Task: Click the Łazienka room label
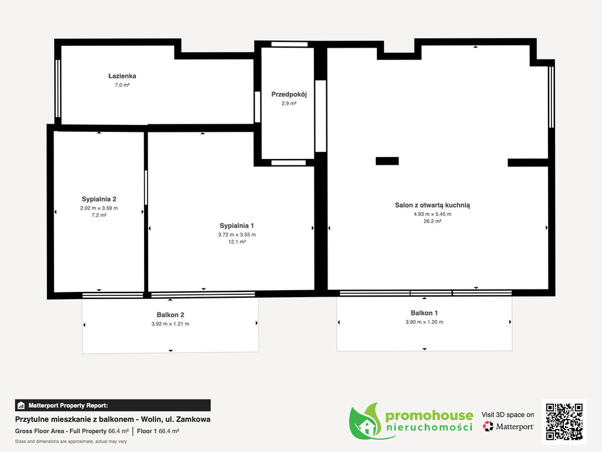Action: pos(122,76)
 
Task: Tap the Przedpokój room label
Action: pos(289,95)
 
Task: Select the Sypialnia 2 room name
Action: pos(99,199)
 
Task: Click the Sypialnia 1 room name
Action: pos(237,225)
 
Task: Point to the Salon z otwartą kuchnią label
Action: pos(432,205)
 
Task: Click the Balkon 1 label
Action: pos(424,313)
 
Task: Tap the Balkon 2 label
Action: pos(170,315)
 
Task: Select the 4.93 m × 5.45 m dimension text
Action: pos(432,214)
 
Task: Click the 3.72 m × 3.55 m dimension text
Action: pos(237,234)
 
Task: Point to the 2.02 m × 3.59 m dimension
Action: pos(99,208)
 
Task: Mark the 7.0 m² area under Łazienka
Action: pos(122,85)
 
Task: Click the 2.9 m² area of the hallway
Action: pos(289,104)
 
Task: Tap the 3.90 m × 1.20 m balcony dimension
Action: pos(424,322)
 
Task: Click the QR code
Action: pos(564,421)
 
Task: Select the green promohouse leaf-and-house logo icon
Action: pos(366,421)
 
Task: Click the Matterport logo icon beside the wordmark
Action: pos(488,426)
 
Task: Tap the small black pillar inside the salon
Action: pos(387,161)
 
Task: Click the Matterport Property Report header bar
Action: pos(113,406)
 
